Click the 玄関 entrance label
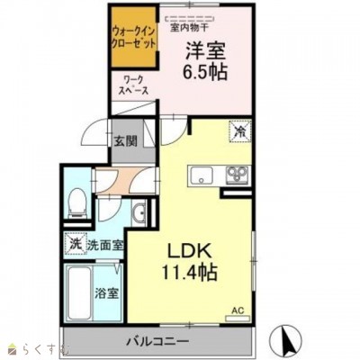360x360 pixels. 125,140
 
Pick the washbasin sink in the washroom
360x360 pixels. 138,213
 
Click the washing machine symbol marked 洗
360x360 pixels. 76,242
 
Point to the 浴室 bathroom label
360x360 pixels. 106,293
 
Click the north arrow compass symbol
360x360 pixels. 290,340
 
